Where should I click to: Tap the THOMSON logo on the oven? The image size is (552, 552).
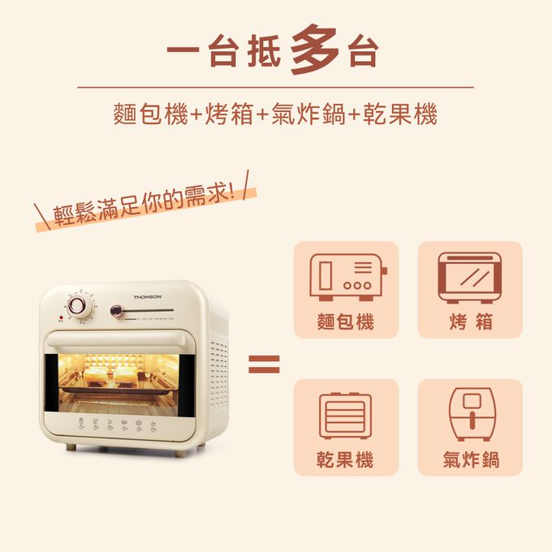[147, 297]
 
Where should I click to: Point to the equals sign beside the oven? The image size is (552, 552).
[264, 364]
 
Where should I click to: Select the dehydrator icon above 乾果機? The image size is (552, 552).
[346, 416]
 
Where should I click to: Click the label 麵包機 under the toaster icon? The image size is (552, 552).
[346, 322]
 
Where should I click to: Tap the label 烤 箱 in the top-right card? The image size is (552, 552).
[470, 322]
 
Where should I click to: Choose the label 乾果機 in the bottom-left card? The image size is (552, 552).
[346, 460]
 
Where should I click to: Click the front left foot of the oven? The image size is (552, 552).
[71, 446]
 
